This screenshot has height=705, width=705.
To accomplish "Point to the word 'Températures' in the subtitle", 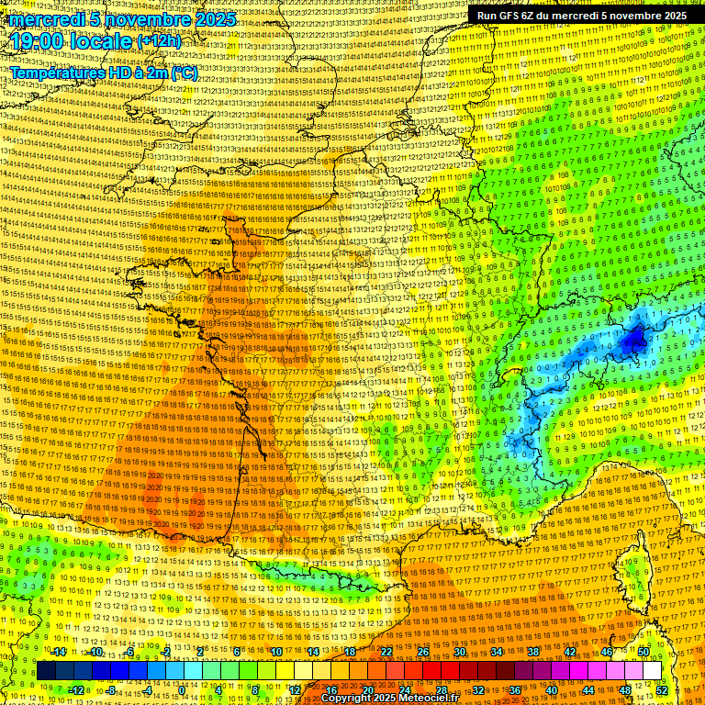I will [55, 72].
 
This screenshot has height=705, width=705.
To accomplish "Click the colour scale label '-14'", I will [59, 652].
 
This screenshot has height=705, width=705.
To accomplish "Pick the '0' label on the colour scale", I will [182, 690].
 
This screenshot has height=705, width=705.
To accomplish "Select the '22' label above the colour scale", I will [386, 652].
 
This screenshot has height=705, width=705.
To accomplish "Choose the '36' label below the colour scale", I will [514, 690].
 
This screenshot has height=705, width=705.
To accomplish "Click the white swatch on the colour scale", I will [652, 671].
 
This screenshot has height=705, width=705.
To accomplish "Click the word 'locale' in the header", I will [102, 42].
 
